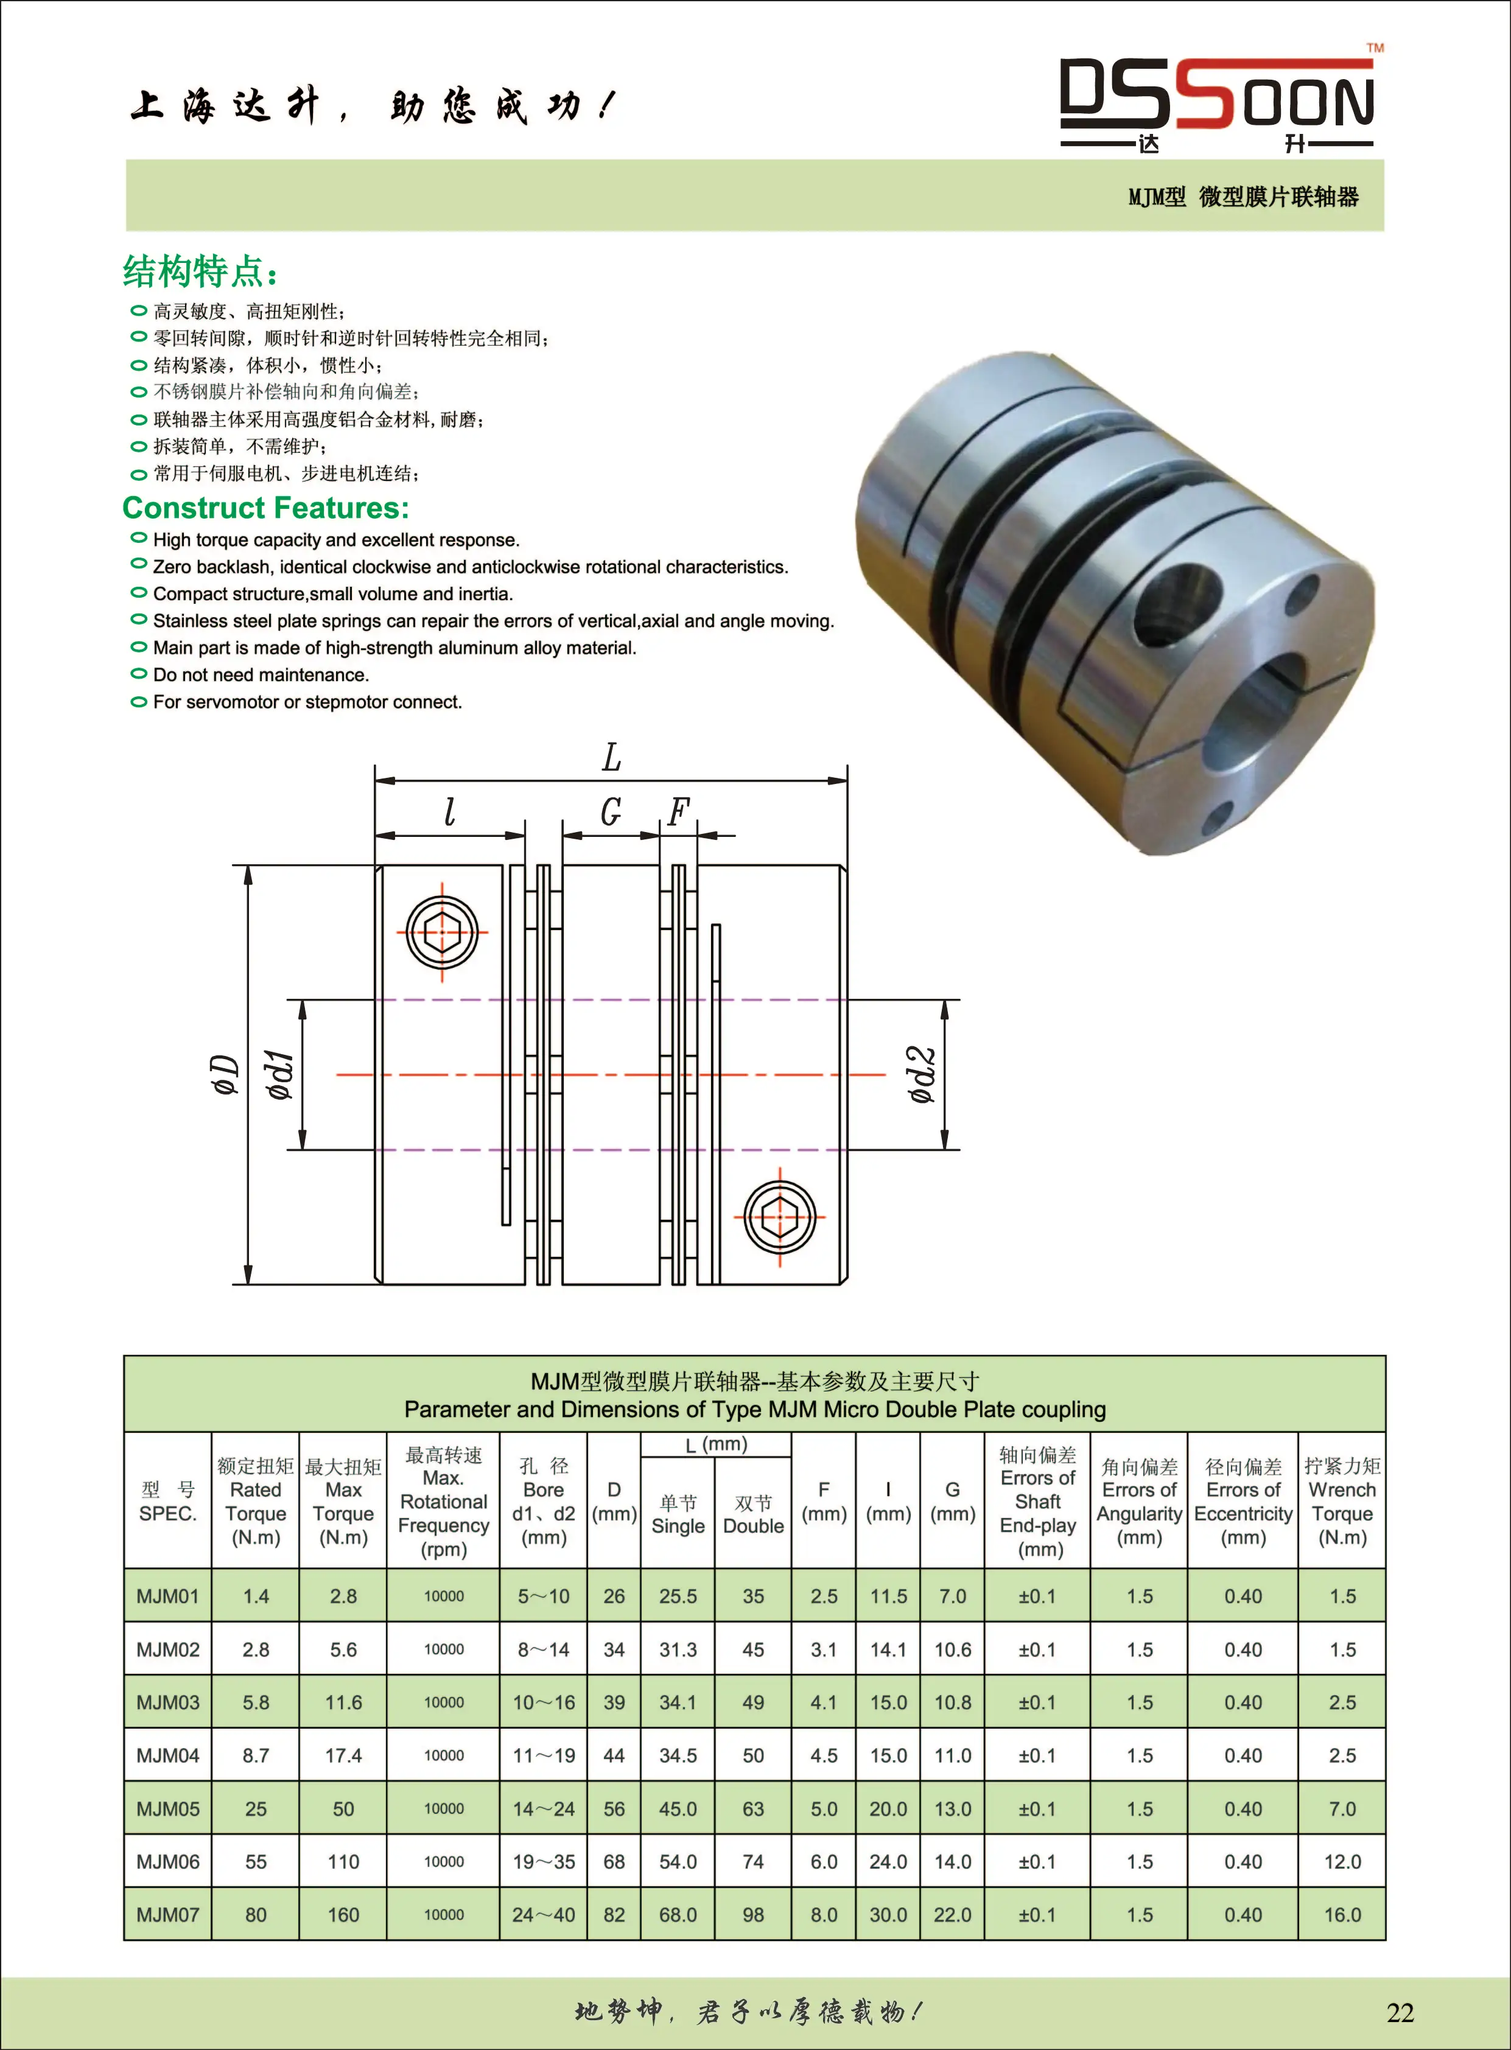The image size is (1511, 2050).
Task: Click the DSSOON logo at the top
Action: tap(1216, 99)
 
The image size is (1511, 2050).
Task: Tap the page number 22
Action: tap(1400, 2012)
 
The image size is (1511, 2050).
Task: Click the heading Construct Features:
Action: tap(265, 508)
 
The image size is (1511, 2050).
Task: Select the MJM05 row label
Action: tap(167, 1808)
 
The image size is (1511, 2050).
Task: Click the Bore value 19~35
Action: tap(543, 1862)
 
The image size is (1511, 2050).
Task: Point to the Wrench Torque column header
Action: tap(1342, 1502)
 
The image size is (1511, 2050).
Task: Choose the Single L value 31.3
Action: tap(678, 1649)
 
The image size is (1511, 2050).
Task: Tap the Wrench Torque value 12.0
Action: tap(1342, 1862)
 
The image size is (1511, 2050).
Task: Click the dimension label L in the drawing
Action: tap(611, 758)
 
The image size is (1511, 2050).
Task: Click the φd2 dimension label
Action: tap(923, 1074)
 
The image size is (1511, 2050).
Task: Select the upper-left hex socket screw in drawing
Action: tap(442, 932)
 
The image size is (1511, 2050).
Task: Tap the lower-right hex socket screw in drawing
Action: tap(779, 1217)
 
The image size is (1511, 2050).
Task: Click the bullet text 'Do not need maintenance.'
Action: tap(261, 675)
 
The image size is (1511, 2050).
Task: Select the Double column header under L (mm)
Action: tap(752, 1515)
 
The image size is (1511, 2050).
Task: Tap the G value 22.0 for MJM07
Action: tap(952, 1915)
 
